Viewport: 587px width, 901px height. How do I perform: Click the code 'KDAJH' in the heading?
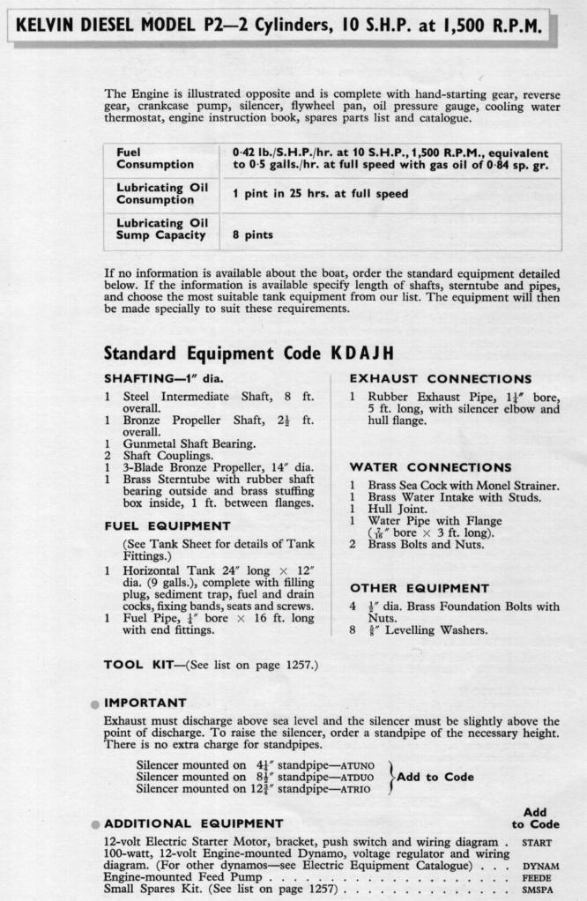pos(362,354)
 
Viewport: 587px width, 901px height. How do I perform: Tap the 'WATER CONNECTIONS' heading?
pos(430,466)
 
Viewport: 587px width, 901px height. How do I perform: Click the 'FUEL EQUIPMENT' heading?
pos(167,526)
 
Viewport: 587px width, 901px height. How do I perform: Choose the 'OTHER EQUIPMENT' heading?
pos(420,588)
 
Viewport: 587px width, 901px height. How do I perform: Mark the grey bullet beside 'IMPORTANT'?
pos(94,704)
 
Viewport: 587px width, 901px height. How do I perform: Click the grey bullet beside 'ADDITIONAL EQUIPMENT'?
pos(94,824)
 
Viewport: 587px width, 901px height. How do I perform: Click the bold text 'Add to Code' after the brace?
pos(435,777)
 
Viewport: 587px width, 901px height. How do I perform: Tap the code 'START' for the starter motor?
pos(537,842)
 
